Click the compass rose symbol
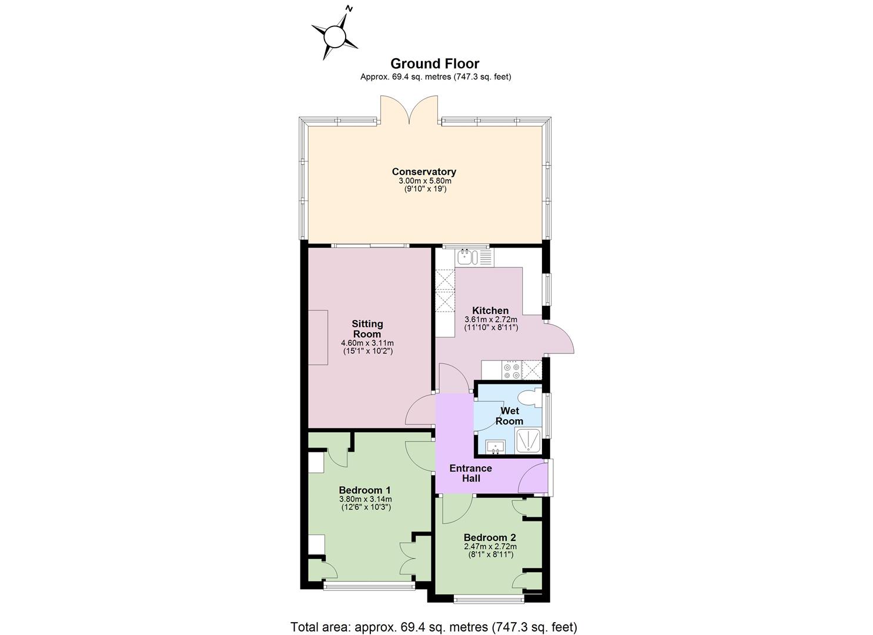point(335,36)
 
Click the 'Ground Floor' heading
point(435,63)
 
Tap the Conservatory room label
point(424,172)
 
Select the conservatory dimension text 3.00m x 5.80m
point(425,181)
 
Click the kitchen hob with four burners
point(511,370)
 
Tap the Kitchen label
point(490,310)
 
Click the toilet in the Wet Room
point(530,399)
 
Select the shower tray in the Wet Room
point(528,440)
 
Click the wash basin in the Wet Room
point(496,447)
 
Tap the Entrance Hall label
point(471,473)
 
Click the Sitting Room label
point(367,329)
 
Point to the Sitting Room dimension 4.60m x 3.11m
point(367,343)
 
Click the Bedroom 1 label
point(365,490)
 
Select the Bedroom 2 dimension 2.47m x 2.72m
point(490,547)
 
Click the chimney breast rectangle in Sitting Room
point(318,337)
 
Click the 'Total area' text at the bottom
point(434,616)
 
